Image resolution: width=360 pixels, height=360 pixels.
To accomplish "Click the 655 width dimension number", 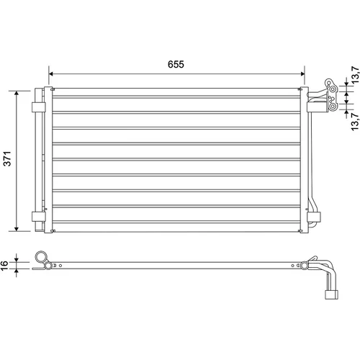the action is pyautogui.click(x=176, y=64).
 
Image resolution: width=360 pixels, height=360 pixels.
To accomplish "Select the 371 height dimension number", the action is pyautogui.click(x=7, y=158).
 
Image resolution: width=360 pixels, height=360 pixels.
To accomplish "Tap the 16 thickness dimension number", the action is pyautogui.click(x=4, y=265).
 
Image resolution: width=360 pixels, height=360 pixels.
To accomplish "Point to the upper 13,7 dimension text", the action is pyautogui.click(x=355, y=75).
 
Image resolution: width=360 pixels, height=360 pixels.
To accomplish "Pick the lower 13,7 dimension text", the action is pyautogui.click(x=355, y=122).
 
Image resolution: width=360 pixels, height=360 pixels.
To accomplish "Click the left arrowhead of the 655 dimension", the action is pyautogui.click(x=50, y=73).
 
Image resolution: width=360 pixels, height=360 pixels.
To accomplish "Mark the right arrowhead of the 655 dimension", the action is pyautogui.click(x=302, y=73).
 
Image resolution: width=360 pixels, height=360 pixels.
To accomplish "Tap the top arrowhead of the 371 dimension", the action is pyautogui.click(x=17, y=93).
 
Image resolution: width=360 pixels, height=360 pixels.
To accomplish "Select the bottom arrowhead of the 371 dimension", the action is pyautogui.click(x=17, y=229).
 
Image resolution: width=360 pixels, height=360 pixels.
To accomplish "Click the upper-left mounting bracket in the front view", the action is pyautogui.click(x=39, y=107).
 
